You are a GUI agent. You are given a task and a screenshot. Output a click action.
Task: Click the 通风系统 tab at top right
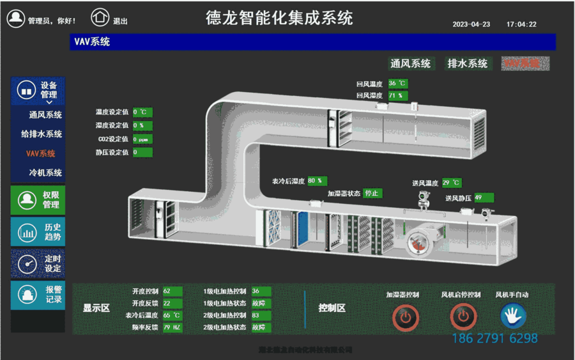(411, 63)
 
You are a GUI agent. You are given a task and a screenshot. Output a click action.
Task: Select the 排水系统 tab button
(467, 63)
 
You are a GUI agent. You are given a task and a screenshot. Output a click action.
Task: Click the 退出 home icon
(100, 18)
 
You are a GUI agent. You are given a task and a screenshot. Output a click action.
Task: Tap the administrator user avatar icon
(16, 19)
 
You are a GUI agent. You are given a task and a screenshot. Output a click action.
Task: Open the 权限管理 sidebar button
(38, 200)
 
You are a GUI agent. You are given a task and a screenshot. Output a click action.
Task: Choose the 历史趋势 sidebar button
(38, 231)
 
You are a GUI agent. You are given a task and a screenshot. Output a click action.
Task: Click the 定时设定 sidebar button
(38, 263)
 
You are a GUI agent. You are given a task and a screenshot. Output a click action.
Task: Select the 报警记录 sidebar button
(38, 295)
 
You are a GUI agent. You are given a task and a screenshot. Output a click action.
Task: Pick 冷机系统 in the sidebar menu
(45, 173)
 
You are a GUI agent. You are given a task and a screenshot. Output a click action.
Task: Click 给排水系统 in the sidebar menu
(42, 134)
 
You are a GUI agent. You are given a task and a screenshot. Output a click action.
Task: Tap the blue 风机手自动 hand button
(512, 315)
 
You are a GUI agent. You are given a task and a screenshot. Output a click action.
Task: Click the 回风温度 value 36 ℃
(397, 84)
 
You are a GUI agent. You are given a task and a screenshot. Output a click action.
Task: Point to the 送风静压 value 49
(483, 198)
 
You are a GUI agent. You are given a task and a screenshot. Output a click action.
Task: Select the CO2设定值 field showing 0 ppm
(142, 139)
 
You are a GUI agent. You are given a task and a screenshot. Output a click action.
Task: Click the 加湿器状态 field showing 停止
(372, 193)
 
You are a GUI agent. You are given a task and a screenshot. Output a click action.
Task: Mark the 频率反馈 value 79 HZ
(172, 327)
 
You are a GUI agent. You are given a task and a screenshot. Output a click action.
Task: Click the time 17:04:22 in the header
(521, 24)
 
